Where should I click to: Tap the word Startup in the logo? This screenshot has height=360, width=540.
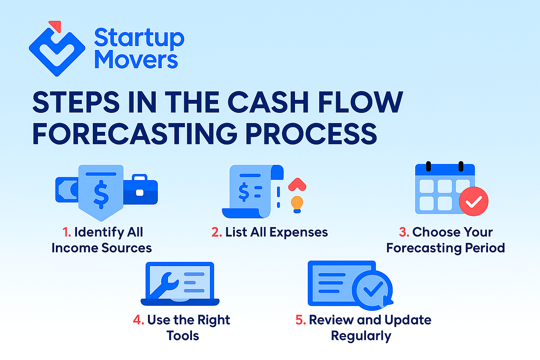139,38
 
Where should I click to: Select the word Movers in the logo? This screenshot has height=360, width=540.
136,59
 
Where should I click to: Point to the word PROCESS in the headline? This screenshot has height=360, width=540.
311,134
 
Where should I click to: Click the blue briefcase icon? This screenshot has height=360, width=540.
141,189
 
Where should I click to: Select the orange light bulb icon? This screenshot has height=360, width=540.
297,205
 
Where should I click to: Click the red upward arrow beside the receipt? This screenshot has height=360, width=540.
297,185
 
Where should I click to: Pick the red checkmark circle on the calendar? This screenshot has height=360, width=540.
474,201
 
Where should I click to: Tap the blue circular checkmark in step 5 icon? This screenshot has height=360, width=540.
372,290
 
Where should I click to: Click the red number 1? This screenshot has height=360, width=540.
67,232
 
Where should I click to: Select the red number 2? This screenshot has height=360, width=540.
217,232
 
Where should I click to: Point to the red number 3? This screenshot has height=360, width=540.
404,232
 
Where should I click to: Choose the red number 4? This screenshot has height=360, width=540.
139,320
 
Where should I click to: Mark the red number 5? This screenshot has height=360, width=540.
301,320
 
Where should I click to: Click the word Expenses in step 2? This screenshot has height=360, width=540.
298,233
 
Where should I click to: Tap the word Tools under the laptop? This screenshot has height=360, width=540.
183,336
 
